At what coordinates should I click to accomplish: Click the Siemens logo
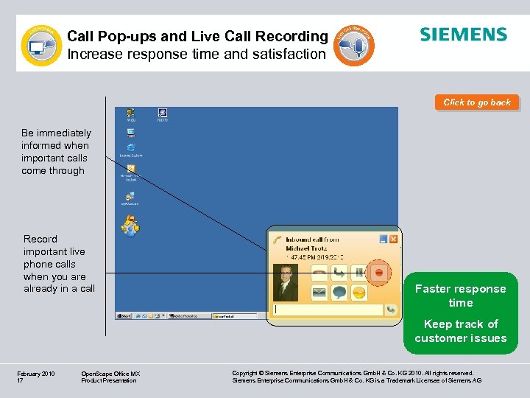pyautogui.click(x=463, y=35)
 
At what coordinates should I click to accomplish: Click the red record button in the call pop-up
pyautogui.click(x=379, y=273)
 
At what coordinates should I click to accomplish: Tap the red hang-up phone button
pyautogui.click(x=319, y=273)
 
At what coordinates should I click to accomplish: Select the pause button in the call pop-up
pyautogui.click(x=358, y=273)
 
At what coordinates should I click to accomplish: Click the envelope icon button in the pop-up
pyautogui.click(x=319, y=293)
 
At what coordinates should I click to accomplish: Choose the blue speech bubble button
pyautogui.click(x=339, y=293)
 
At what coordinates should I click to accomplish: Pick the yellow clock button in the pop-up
pyautogui.click(x=358, y=293)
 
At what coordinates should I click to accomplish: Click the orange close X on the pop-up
pyautogui.click(x=394, y=239)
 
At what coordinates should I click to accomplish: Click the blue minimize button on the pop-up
pyautogui.click(x=384, y=239)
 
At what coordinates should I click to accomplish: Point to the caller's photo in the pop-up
pyautogui.click(x=286, y=282)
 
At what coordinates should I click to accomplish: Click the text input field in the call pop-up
pyautogui.click(x=328, y=310)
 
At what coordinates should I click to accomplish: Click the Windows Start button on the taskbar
pyautogui.click(x=124, y=315)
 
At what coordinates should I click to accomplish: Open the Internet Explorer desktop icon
pyautogui.click(x=131, y=136)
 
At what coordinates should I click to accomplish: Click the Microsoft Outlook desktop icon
pyautogui.click(x=131, y=170)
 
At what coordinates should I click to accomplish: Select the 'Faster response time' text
pyautogui.click(x=460, y=296)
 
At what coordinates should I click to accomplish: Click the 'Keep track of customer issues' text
pyautogui.click(x=460, y=331)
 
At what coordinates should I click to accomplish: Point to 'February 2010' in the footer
pyautogui.click(x=36, y=374)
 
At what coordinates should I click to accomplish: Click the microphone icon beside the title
pyautogui.click(x=356, y=46)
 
